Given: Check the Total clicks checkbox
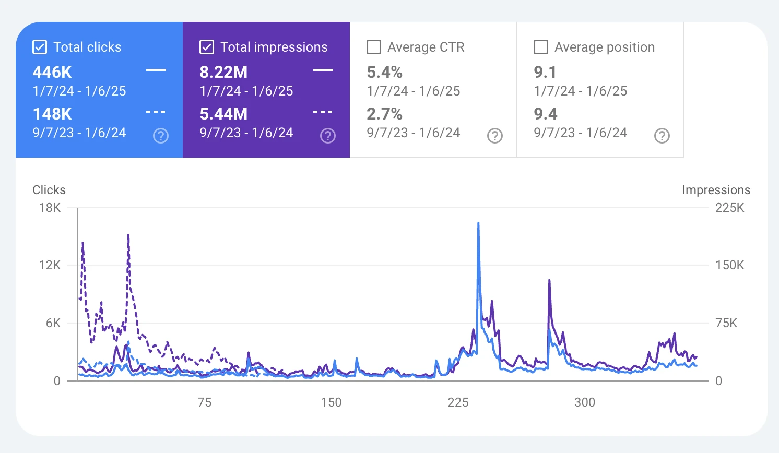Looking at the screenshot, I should [40, 47].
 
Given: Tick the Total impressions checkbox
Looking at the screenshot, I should [207, 47].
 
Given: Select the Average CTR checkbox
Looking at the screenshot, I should [374, 47].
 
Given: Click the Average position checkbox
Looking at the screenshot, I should [541, 47].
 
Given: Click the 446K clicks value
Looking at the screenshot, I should [52, 72].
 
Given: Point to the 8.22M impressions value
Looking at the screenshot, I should [223, 72].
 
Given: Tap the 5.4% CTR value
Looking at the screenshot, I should [384, 72].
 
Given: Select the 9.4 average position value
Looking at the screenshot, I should [546, 114].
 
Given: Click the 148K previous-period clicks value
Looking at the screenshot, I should [52, 114].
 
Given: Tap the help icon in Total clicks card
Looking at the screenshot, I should [161, 136].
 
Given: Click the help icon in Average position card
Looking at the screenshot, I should [662, 136].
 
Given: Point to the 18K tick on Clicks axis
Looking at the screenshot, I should [50, 208].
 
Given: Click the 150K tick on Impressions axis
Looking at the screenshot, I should [729, 265].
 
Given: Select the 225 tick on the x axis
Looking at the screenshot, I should [458, 402].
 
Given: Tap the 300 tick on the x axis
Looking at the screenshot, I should [585, 402].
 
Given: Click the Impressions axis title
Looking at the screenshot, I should [716, 190].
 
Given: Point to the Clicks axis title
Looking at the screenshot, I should [49, 190].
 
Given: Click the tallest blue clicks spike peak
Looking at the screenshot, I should [478, 223].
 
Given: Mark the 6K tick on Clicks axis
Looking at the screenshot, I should [53, 323].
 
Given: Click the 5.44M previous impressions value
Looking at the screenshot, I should [223, 114].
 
